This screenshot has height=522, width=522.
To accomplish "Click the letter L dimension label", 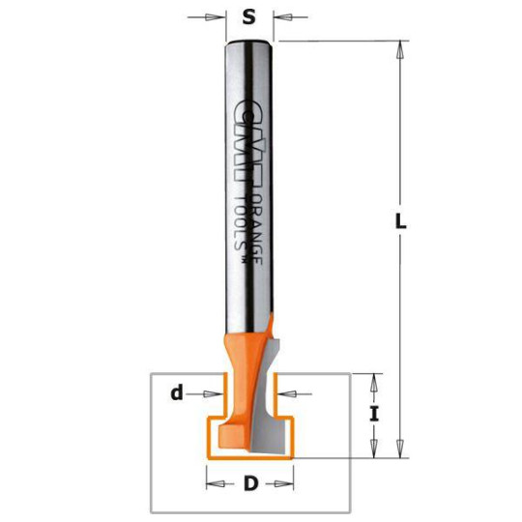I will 400,220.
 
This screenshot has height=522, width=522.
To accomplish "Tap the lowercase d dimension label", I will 177,392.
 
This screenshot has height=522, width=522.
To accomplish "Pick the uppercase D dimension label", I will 250,481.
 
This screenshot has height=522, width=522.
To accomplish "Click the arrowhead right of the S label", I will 282,16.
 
